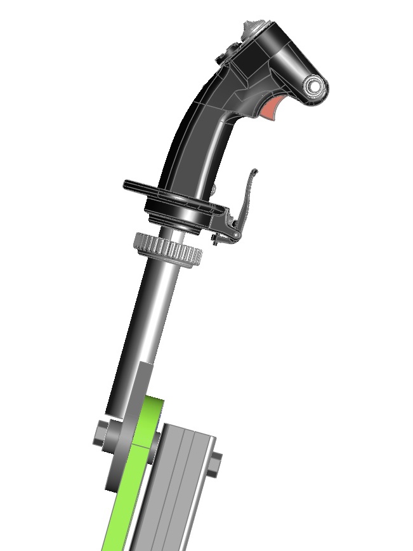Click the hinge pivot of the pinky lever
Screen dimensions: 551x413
(x=235, y=234)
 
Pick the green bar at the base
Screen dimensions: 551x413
(x=127, y=495)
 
